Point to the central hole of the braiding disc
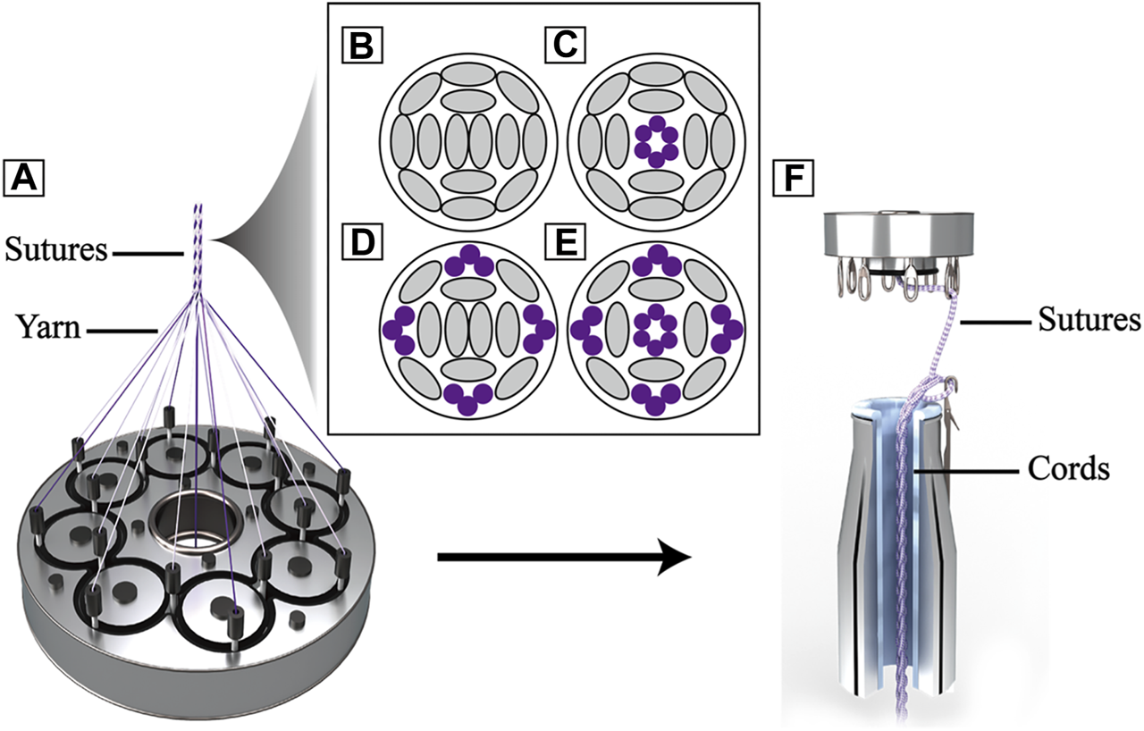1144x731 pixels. click(191, 522)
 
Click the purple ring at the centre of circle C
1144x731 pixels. click(656, 141)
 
